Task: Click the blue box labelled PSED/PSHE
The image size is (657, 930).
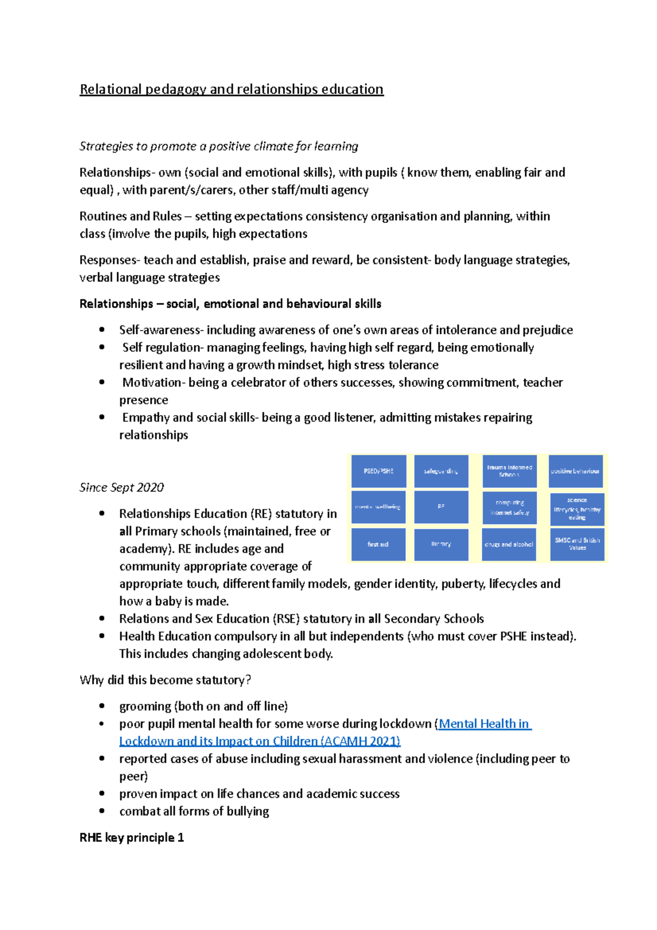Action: pos(378,471)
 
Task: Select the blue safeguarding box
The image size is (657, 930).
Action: pos(441,471)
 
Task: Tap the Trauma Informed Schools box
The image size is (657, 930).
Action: pos(509,471)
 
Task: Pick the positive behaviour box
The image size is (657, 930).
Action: pos(575,471)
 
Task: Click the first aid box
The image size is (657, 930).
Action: pos(378,544)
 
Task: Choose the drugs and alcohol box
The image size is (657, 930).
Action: pos(509,544)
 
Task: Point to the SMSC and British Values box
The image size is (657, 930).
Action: pos(577,544)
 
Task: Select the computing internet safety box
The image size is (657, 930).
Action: pos(509,508)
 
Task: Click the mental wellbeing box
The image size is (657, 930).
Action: pos(378,507)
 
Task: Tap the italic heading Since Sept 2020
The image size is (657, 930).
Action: pos(122,487)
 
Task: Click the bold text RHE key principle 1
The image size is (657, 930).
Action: pos(131,837)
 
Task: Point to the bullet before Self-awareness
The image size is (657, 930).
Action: pos(102,330)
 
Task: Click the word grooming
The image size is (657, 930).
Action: pos(145,707)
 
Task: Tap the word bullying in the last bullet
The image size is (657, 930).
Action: pos(248,811)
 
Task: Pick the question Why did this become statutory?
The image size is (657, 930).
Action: pos(165,680)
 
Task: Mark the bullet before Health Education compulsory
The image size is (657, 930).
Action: pos(102,636)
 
